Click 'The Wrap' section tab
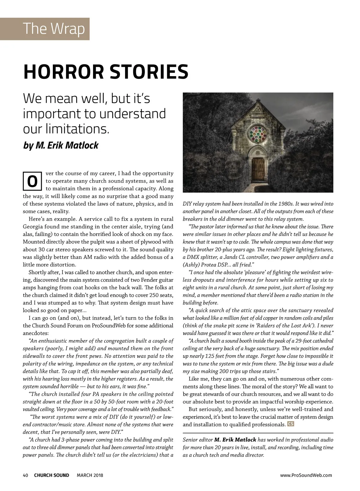54,29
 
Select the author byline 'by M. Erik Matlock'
61,145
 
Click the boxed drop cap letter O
32,181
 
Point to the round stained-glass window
258,134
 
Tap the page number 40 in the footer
25,475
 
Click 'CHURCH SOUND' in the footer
52,475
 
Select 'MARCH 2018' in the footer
90,475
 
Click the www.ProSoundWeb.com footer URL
306,475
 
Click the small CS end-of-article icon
290,424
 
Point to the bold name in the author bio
235,440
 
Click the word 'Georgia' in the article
34,227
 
